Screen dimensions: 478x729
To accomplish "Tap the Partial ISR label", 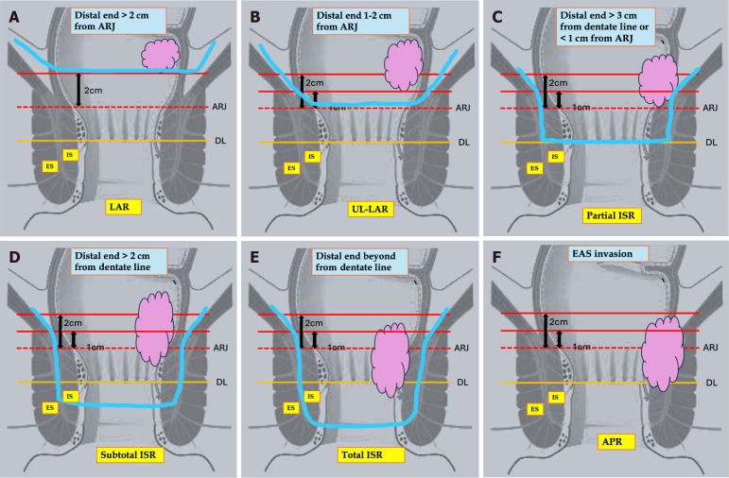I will pyautogui.click(x=611, y=214).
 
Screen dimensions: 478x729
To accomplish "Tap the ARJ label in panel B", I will pyautogui.click(x=464, y=109).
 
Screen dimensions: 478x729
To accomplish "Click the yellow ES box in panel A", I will pyautogui.click(x=50, y=166).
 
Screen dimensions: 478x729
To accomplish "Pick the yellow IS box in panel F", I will pyautogui.click(x=554, y=398).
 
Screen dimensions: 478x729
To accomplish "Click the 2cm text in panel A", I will pyautogui.click(x=93, y=91).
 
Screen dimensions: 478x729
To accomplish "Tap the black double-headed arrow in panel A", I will pyautogui.click(x=78, y=89).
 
